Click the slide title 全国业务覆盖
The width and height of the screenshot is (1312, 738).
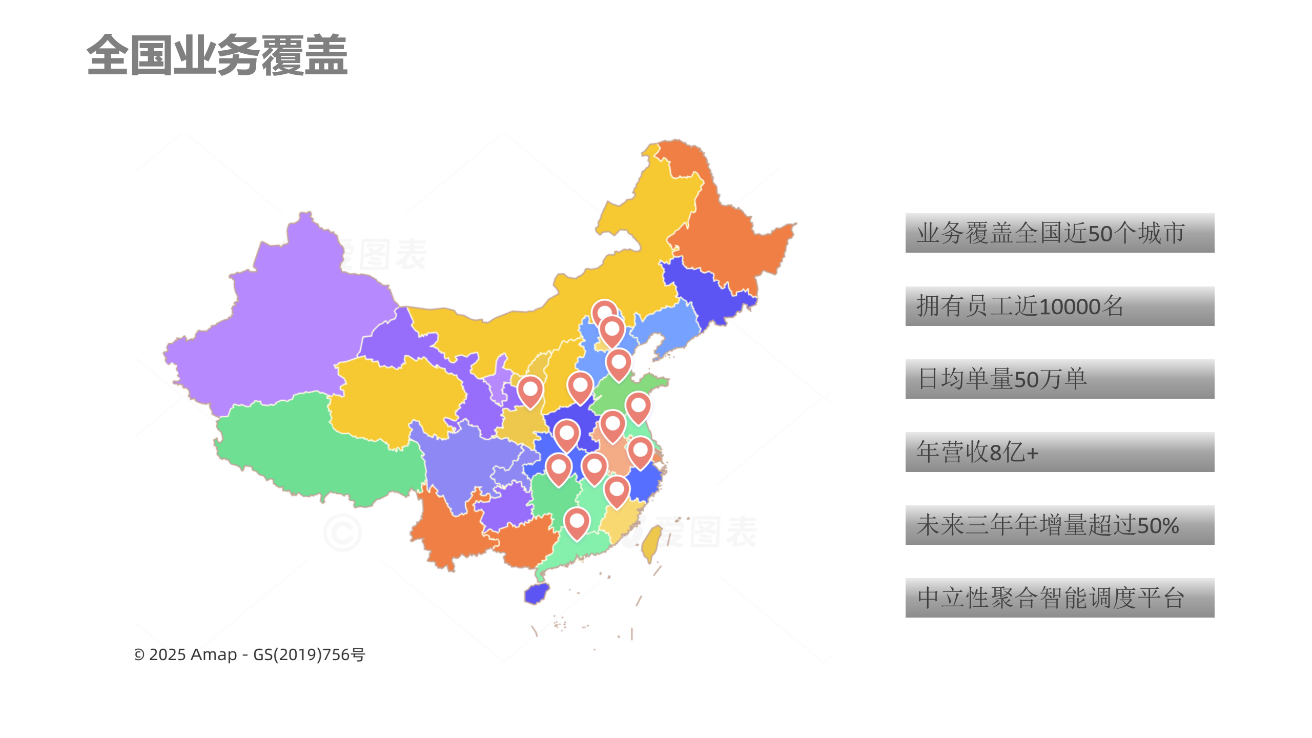[217, 55]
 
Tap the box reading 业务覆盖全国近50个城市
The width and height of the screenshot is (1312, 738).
[1059, 233]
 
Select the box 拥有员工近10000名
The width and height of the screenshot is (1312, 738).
[1059, 306]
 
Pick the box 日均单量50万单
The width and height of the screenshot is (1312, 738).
[1059, 379]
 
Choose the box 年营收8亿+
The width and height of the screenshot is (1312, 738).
[1059, 452]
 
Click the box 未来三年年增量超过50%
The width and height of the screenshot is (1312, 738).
[1059, 525]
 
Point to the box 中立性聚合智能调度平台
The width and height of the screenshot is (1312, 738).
[1059, 598]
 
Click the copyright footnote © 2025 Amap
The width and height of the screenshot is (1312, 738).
[249, 654]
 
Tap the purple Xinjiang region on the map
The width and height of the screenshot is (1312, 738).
[287, 318]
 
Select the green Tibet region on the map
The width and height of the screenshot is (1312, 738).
[318, 451]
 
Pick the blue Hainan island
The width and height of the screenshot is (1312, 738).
[537, 593]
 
